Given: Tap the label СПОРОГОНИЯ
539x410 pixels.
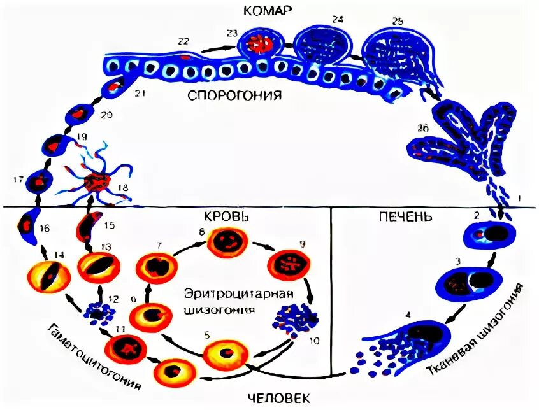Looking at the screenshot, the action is point(234,96).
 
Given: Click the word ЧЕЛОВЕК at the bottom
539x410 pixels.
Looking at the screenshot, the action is point(277,399).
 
